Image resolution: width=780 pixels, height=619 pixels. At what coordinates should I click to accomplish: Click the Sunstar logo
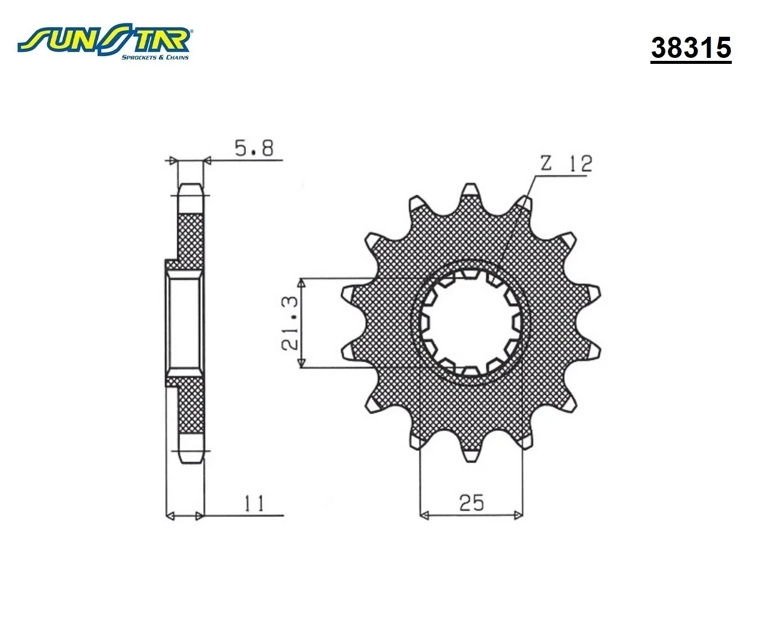pos(104,43)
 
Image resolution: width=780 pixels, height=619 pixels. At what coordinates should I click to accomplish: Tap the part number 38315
pos(691,48)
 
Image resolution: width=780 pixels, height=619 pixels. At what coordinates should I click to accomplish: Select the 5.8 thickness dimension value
pos(254,148)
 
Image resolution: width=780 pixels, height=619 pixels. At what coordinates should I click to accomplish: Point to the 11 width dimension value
pos(254,503)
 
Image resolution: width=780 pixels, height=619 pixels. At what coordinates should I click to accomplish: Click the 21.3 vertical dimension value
pos(290,323)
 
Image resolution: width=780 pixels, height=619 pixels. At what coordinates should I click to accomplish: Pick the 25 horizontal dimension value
pos(471,503)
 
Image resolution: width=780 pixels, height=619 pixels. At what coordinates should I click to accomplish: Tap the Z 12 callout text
pos(567,163)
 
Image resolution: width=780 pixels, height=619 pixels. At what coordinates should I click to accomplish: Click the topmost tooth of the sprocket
pos(470,190)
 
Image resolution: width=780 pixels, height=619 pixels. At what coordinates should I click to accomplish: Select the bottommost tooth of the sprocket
pos(470,456)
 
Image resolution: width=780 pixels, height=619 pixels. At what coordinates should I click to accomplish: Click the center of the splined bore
pos(470,322)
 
